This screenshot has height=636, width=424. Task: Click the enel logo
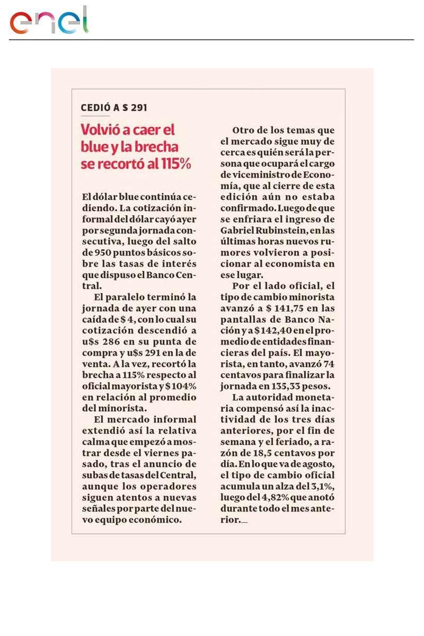pos(49,21)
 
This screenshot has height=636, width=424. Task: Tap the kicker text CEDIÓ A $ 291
pos(114,108)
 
